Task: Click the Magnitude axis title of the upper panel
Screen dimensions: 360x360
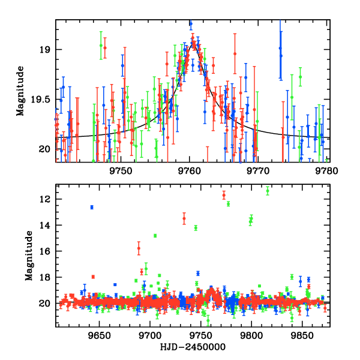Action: [20, 91]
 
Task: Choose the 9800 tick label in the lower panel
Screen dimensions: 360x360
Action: [251, 335]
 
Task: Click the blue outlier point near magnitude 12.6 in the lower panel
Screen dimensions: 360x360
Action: [92, 207]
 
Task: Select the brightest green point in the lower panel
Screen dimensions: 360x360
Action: [268, 191]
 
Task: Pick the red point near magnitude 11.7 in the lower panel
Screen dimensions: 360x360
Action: [224, 195]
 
